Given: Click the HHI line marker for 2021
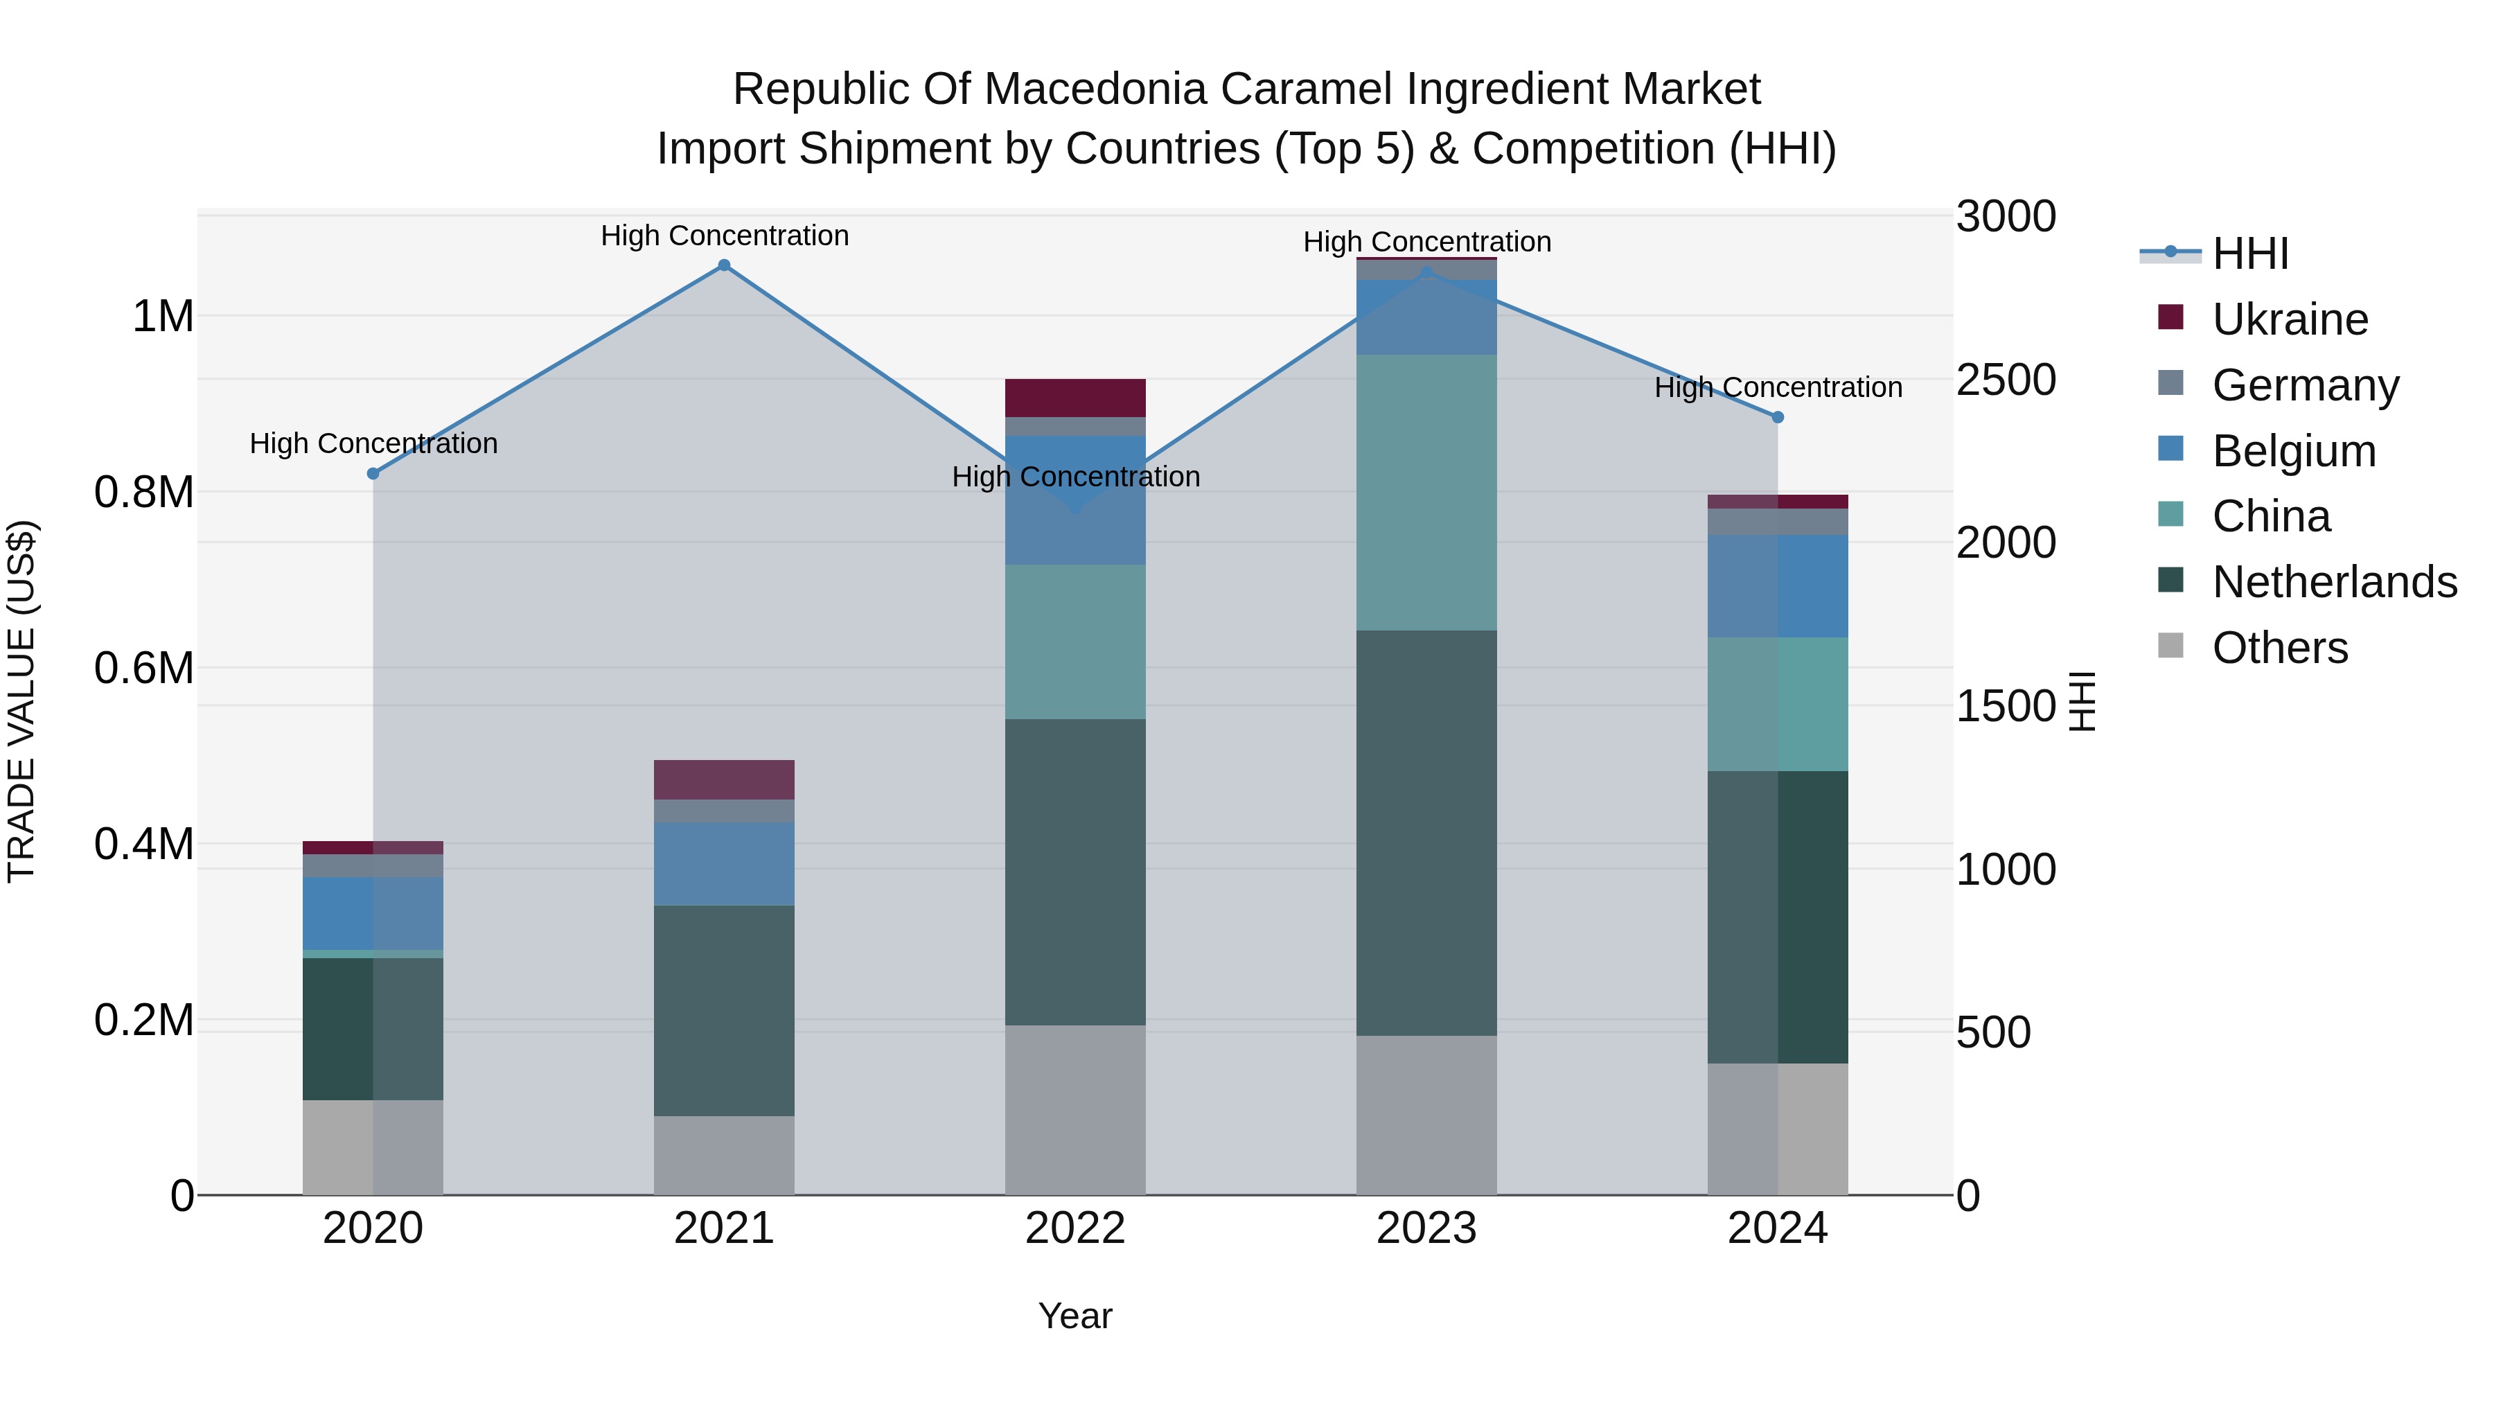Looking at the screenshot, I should pos(723,265).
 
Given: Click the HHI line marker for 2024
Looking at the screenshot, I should pos(1778,417).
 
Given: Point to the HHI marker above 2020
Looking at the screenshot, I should pos(373,473).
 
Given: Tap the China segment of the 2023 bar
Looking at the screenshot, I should pos(1426,493).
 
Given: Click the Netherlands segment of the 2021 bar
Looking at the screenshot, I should pos(723,1011).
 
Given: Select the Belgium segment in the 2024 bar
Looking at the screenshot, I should pos(1778,585).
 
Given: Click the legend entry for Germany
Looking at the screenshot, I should pos(2304,385).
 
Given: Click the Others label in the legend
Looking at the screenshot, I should pos(2279,648).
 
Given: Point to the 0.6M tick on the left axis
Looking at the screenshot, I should pos(144,668).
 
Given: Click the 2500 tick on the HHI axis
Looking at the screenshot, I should pos(2005,380).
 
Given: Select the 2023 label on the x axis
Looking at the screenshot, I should pos(1426,1228).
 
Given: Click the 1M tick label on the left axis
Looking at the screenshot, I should pos(163,317).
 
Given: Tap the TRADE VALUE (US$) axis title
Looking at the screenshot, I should pos(22,701).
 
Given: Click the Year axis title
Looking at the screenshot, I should pos(1074,1316).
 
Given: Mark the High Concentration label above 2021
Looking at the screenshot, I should pos(724,236).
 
